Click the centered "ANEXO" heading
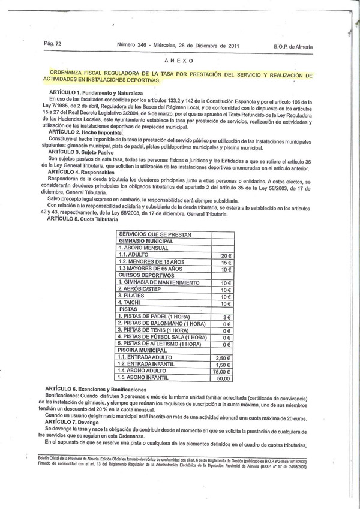pyautogui.click(x=179, y=61)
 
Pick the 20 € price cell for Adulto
pyautogui.click(x=222, y=255)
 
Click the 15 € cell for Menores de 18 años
pyautogui.click(x=222, y=262)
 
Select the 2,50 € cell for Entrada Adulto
pyautogui.click(x=222, y=357)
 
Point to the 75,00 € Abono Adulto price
pyautogui.click(x=222, y=371)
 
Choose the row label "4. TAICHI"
pyautogui.click(x=131, y=303)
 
